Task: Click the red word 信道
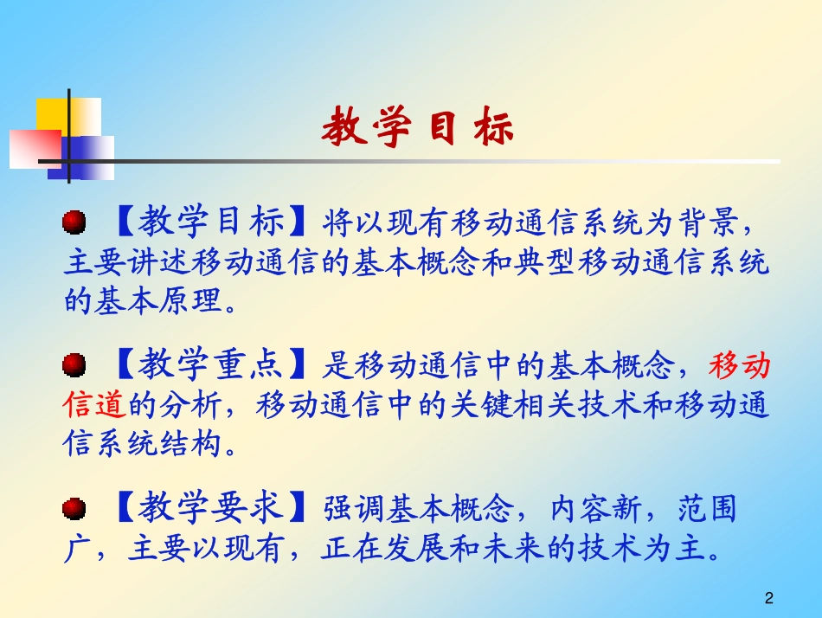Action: tap(95, 404)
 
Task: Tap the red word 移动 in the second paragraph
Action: tap(740, 367)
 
